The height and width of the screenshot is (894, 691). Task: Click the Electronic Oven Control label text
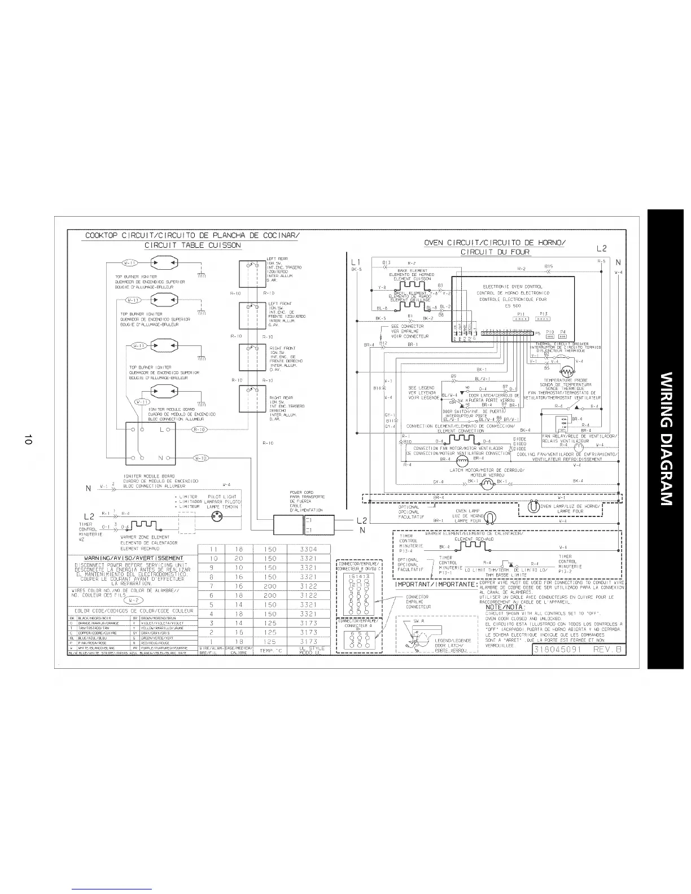513,287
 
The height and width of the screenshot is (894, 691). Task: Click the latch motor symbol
487,484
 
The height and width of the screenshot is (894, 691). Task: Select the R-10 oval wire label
198,430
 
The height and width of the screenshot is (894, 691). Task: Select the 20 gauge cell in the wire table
239,558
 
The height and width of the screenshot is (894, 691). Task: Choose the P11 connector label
522,314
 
